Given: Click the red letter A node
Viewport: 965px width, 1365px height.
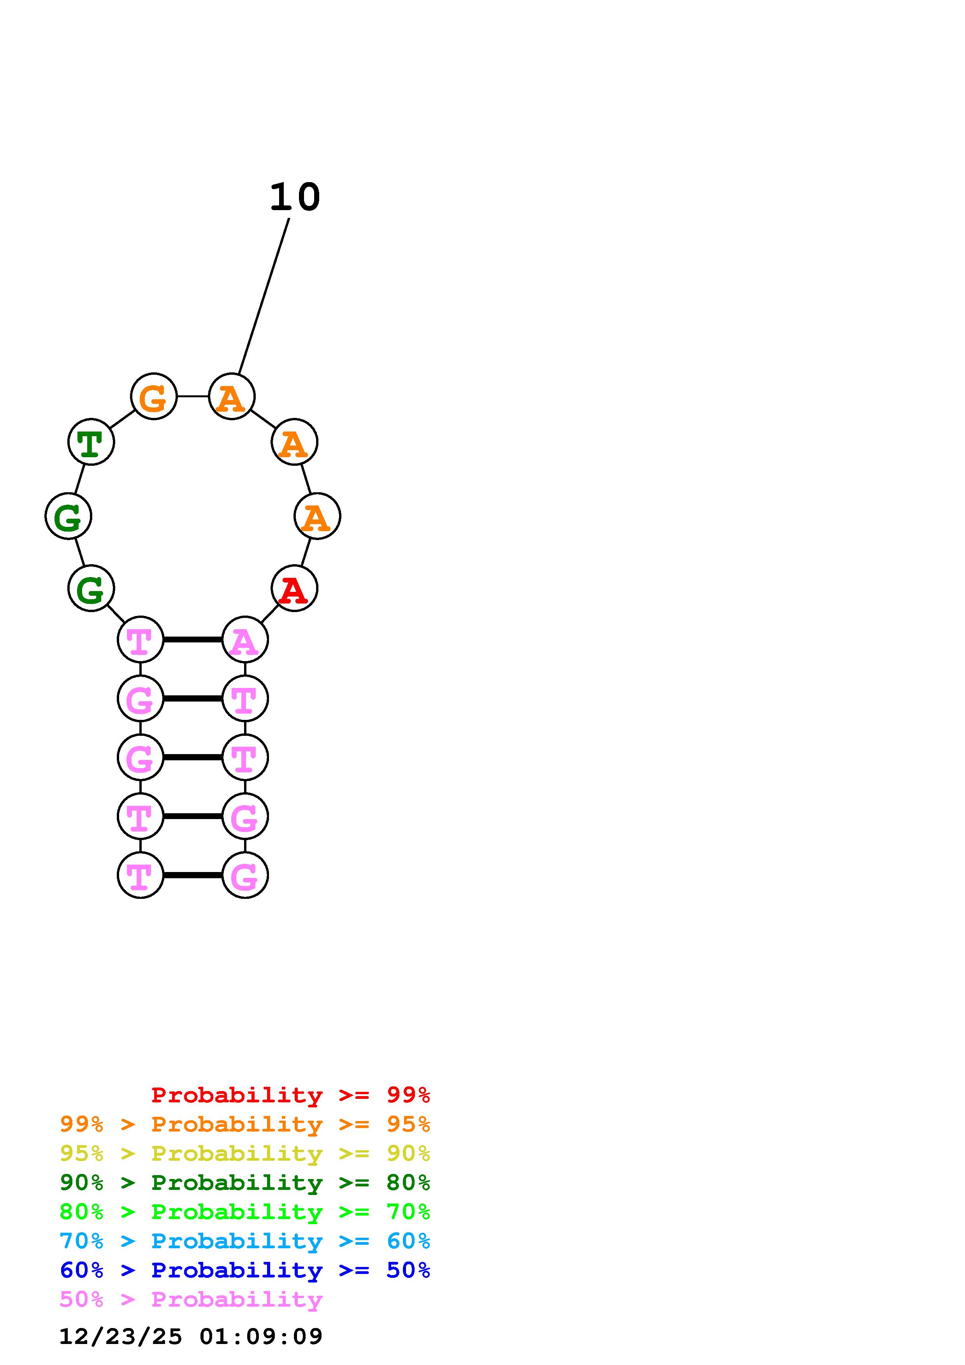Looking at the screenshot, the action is pyautogui.click(x=294, y=589).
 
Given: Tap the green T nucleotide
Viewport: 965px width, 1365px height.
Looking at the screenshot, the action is pyautogui.click(x=91, y=442).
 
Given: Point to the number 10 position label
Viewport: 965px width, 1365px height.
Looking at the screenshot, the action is pyautogui.click(x=295, y=197).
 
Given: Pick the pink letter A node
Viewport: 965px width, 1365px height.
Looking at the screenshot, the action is pyautogui.click(x=244, y=640).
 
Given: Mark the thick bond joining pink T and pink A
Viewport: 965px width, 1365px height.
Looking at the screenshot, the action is pyautogui.click(x=193, y=640).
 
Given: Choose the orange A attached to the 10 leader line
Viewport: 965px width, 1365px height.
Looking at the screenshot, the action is pyautogui.click(x=232, y=397).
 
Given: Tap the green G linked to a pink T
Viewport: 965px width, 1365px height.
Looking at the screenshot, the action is pyautogui.click(x=91, y=589).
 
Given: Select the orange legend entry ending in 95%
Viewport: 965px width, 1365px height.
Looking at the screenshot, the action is pyautogui.click(x=244, y=1124).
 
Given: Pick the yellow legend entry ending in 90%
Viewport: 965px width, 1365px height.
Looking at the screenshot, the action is pyautogui.click(x=244, y=1153).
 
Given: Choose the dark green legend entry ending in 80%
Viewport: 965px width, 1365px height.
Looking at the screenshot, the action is pyautogui.click(x=244, y=1183).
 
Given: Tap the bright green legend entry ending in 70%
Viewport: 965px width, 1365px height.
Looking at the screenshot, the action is pyautogui.click(x=244, y=1212).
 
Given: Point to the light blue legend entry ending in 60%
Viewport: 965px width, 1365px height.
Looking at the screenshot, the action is pyautogui.click(x=244, y=1241).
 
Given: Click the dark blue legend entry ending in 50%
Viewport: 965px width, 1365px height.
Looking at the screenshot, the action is pyautogui.click(x=244, y=1270).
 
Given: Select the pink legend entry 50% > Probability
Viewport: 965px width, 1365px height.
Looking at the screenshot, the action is pyautogui.click(x=191, y=1299).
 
